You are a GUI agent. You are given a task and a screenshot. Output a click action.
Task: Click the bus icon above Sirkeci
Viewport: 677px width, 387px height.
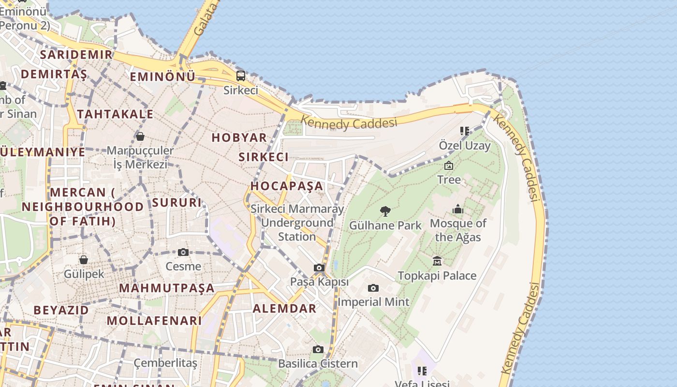240,75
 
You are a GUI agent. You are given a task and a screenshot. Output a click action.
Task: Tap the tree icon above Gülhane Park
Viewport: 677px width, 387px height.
385,211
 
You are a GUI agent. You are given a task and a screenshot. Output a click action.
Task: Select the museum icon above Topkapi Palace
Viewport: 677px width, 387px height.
437,261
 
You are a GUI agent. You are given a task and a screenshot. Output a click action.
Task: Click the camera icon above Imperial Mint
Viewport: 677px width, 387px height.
373,288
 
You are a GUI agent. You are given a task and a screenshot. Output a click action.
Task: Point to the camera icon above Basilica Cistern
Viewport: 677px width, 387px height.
318,349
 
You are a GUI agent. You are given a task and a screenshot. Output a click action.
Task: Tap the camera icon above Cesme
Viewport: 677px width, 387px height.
183,252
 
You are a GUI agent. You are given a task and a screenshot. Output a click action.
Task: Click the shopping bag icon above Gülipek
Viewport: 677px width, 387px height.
84,260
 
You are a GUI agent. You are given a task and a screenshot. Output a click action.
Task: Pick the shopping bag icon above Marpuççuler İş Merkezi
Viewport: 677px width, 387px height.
140,136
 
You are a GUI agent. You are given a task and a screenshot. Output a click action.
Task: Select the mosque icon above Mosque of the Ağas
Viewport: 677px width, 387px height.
457,209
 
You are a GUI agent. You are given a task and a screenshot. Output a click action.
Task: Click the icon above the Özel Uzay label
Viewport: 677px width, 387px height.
465,131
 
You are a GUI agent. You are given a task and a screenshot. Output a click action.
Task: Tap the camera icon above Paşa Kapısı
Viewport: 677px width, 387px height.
319,268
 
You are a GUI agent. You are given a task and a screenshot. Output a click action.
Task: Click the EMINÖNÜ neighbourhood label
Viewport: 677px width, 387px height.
162,76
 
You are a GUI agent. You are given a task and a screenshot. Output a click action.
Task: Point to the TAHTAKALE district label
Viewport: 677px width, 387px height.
115,114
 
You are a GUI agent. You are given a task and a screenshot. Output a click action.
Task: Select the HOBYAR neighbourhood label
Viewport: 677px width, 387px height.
239,137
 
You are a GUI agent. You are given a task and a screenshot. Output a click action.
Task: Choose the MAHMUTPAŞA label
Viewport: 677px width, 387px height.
167,288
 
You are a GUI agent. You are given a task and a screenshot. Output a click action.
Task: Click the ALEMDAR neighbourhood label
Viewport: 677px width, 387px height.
284,308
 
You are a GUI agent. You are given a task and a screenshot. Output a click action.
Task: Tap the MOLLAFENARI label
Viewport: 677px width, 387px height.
154,320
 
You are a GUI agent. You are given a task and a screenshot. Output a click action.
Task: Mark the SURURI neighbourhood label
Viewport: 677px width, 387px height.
177,202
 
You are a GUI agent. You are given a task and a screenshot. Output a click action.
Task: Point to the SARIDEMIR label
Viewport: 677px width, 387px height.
76,54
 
